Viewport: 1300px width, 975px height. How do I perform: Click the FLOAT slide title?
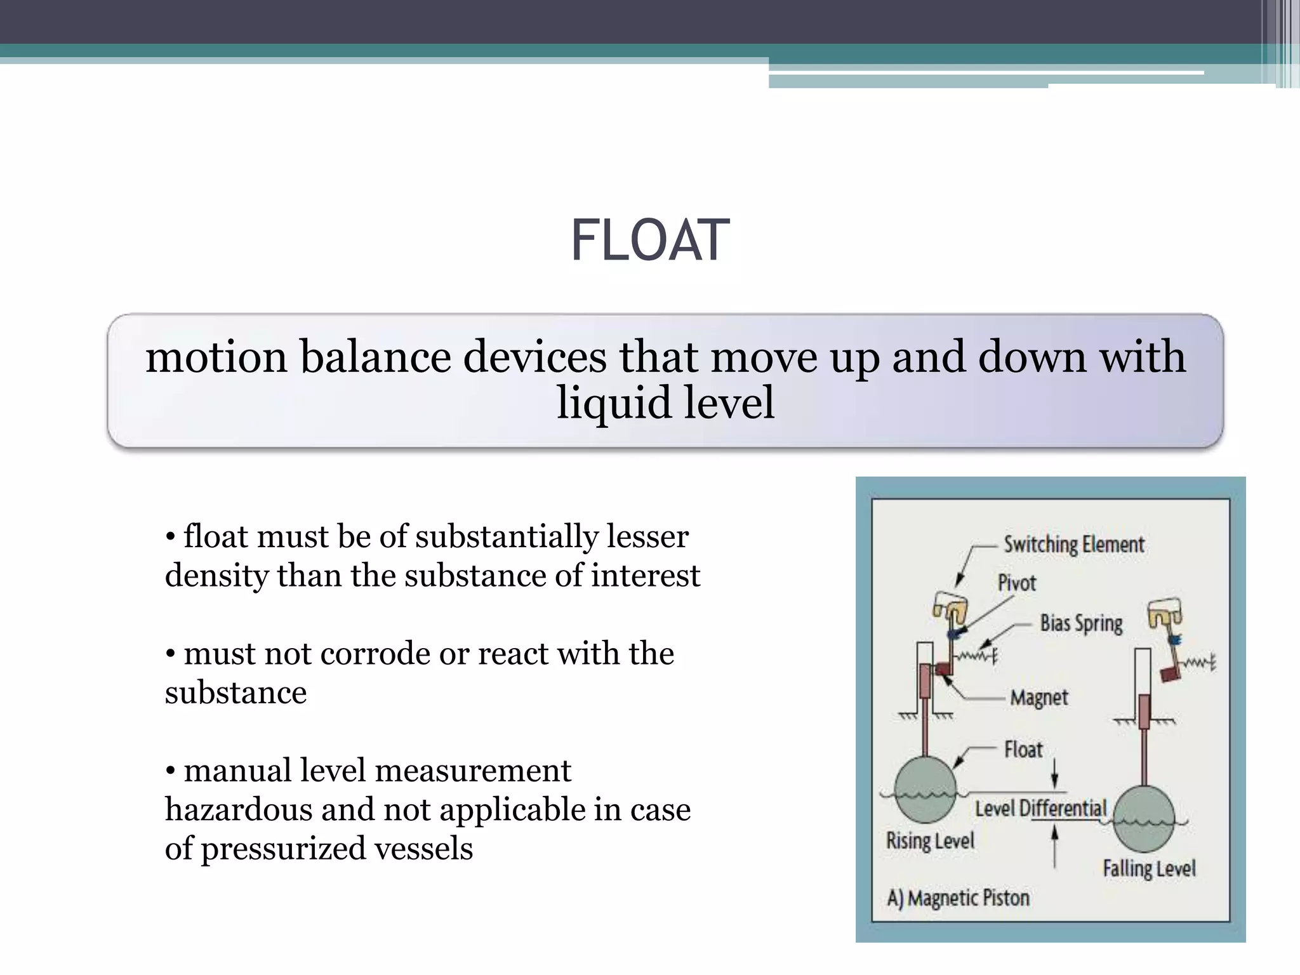point(650,241)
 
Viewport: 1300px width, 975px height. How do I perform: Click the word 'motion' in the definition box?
point(216,357)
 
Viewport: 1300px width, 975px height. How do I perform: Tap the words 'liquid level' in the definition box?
point(665,403)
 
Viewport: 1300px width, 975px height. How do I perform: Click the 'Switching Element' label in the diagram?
point(1073,545)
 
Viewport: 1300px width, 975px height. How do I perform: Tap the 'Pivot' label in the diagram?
point(1016,583)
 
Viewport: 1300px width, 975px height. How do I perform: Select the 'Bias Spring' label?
point(1081,623)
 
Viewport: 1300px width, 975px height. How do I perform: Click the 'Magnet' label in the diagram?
point(1039,698)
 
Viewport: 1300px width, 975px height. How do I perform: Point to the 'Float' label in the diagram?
point(1023,750)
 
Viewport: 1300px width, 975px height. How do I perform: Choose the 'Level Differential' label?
point(1040,809)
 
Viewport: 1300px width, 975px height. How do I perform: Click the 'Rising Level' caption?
point(930,841)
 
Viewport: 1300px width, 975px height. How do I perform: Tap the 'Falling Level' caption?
point(1149,868)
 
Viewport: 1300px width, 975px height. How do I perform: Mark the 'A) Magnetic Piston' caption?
point(958,898)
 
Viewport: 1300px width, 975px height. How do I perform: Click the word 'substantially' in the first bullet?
point(506,537)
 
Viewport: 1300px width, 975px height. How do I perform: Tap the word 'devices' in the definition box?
point(534,357)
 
